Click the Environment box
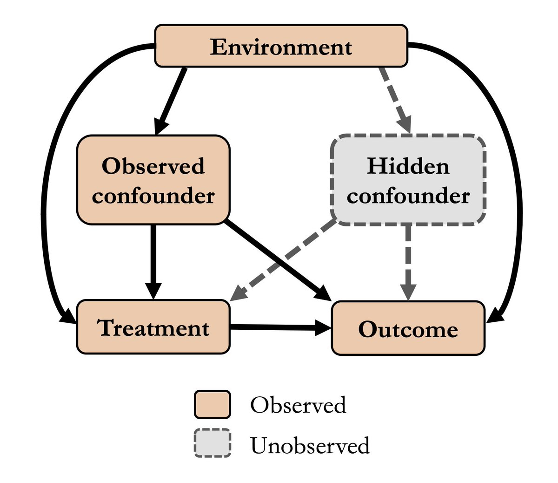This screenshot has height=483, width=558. pyautogui.click(x=281, y=46)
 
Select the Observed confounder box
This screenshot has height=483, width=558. pyautogui.click(x=153, y=180)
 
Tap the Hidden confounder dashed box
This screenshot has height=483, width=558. pyautogui.click(x=408, y=180)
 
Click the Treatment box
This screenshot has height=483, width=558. pyautogui.click(x=153, y=327)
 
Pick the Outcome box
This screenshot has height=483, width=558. pyautogui.click(x=408, y=328)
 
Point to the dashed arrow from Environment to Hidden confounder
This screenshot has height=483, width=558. pyautogui.click(x=395, y=100)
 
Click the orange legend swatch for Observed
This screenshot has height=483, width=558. pyautogui.click(x=212, y=404)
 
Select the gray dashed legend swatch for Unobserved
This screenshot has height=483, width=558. pyautogui.click(x=212, y=443)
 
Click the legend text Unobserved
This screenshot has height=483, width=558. pyautogui.click(x=310, y=445)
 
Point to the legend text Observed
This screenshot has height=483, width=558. pyautogui.click(x=298, y=405)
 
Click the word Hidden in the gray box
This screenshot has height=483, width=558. pyautogui.click(x=408, y=166)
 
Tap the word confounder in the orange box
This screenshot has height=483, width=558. pyautogui.click(x=153, y=195)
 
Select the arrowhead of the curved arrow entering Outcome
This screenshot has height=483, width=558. pyautogui.click(x=494, y=318)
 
